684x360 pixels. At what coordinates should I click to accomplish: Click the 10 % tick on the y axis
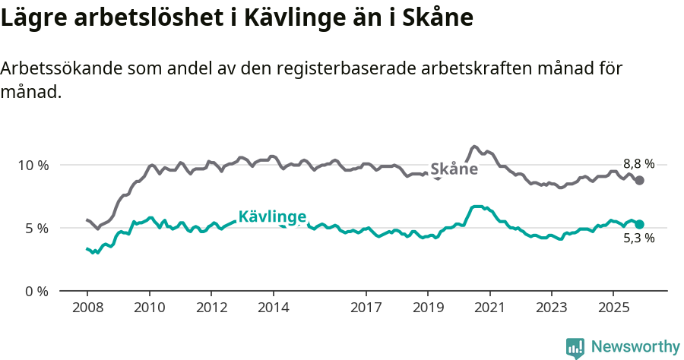(x=33, y=165)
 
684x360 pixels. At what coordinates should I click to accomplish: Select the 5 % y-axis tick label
(x=36, y=228)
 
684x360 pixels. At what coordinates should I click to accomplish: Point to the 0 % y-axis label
(x=36, y=291)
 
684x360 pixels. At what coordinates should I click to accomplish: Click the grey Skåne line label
(x=454, y=169)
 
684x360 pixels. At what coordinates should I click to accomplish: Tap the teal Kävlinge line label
(x=272, y=217)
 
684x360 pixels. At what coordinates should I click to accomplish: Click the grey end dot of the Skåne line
(x=640, y=180)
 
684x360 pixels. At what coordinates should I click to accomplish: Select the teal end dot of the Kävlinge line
(x=640, y=224)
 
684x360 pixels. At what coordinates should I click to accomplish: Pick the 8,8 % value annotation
(x=638, y=163)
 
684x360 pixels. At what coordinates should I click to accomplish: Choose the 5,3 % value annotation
(x=638, y=238)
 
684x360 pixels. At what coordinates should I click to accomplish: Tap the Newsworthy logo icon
(x=575, y=347)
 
